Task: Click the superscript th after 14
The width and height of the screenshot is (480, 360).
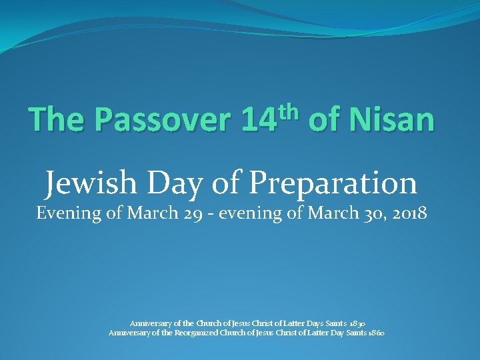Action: [x=295, y=108]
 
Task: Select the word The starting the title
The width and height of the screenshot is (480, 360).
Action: [x=57, y=120]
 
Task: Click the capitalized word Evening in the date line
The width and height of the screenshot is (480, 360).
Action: [x=65, y=214]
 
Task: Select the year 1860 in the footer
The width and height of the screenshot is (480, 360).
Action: [x=374, y=332]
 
